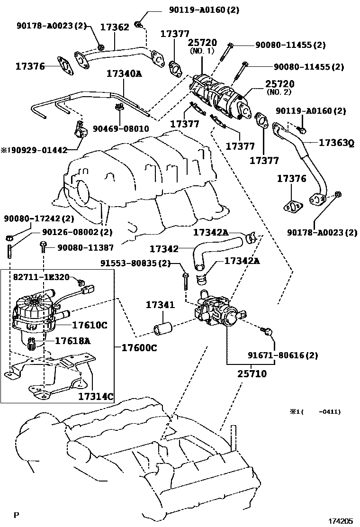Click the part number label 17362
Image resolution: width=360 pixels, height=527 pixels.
click(x=115, y=27)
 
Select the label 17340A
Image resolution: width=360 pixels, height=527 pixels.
click(x=124, y=73)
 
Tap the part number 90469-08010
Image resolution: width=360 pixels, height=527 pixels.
click(x=121, y=128)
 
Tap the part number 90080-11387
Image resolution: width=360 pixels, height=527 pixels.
click(x=86, y=247)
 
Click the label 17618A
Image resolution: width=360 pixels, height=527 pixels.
click(x=72, y=341)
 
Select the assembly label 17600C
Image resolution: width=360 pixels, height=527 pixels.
click(x=139, y=347)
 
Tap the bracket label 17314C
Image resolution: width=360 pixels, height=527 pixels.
click(x=96, y=396)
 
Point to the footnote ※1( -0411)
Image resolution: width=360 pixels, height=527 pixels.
click(x=315, y=412)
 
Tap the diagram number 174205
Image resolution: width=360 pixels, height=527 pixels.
click(x=341, y=520)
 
